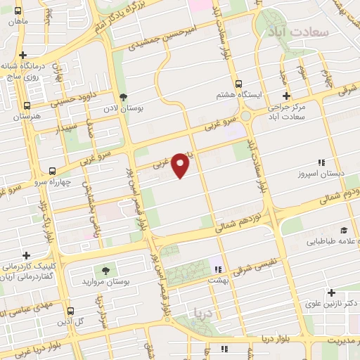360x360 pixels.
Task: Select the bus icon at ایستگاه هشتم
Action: (238, 83)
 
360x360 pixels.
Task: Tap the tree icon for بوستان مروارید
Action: (106, 271)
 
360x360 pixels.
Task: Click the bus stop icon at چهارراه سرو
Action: (52, 171)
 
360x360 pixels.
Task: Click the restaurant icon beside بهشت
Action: (217, 269)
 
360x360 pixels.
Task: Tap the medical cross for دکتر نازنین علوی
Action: (331, 292)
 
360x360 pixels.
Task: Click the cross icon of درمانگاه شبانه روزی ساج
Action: (23, 55)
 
